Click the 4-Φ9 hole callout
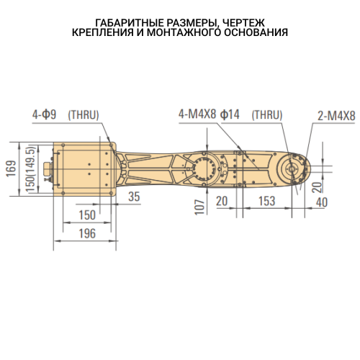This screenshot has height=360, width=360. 45,114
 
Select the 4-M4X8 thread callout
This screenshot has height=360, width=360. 197,114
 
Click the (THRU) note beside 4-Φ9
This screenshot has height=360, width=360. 84,114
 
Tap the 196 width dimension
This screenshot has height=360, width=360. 86,233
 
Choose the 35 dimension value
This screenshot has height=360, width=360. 133,197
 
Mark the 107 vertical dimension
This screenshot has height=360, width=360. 201,205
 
